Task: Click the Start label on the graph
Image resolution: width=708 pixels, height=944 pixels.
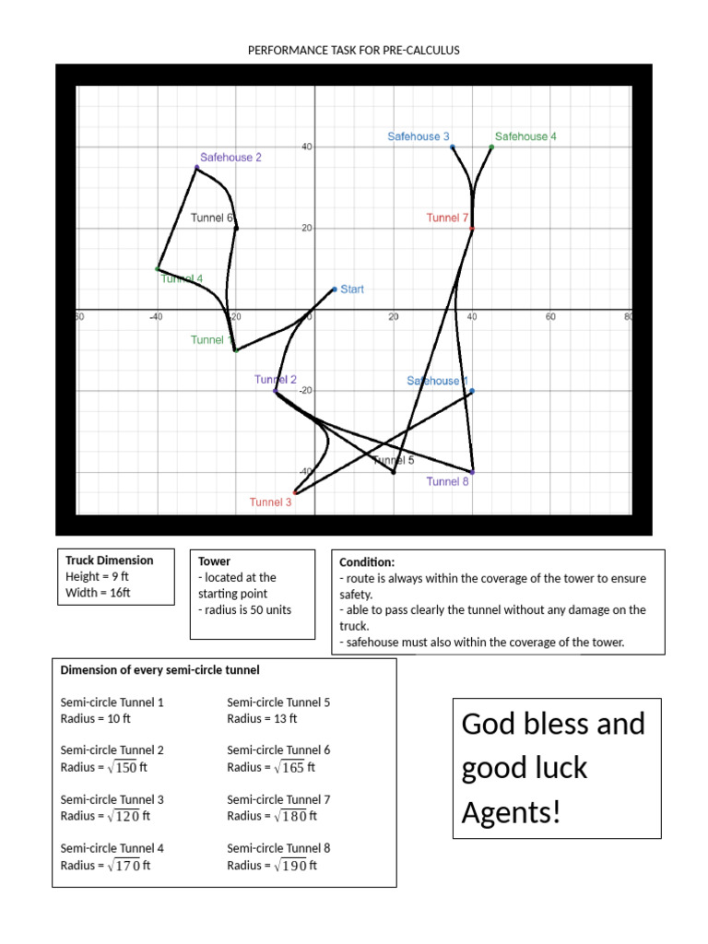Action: pos(352,289)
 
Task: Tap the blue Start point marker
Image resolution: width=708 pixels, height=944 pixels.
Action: pos(335,289)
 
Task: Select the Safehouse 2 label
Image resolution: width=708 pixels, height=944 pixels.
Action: pos(231,158)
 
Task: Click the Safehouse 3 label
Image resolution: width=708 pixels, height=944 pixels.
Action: pos(419,136)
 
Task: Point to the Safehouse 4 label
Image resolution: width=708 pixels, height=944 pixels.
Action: pos(525,136)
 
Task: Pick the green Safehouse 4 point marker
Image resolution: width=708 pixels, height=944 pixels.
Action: pos(491,147)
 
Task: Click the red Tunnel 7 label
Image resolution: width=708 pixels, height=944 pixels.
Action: pos(448,218)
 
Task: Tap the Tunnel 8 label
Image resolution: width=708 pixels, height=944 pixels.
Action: pos(448,481)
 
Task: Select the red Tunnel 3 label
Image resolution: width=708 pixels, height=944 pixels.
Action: pos(271,502)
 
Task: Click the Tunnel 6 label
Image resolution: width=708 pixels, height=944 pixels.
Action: pos(212,218)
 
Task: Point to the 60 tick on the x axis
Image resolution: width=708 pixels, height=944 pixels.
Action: pos(550,317)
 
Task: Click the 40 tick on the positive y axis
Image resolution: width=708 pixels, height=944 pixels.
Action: pos(306,147)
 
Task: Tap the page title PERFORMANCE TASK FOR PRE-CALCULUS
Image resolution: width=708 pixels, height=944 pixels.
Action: pos(354,50)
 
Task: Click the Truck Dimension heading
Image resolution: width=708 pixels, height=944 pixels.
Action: pos(110,560)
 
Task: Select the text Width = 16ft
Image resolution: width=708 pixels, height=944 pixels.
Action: pos(98,593)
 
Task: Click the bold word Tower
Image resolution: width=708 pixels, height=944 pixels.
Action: pos(215,561)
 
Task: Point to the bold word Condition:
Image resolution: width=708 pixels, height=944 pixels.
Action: pos(367,561)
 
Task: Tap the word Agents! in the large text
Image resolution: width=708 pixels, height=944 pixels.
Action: pos(511,813)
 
